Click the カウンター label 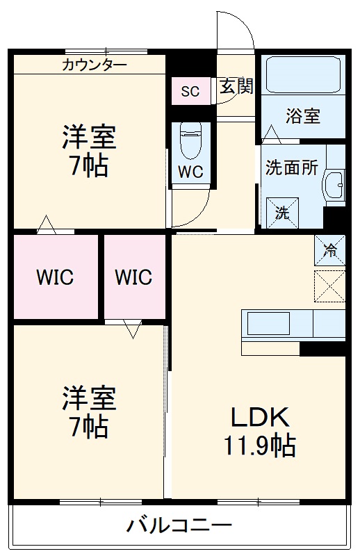[x=95, y=66]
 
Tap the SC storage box [x=190, y=91]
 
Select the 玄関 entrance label [x=236, y=87]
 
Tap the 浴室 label [x=303, y=116]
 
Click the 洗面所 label [x=292, y=168]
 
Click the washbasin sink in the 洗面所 [x=334, y=184]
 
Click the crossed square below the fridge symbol [x=329, y=286]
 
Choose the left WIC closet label [x=55, y=277]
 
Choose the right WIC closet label [x=133, y=277]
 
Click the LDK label [x=259, y=417]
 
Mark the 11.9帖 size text [x=259, y=444]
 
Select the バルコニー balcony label [x=179, y=525]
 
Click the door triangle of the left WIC [x=47, y=224]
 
